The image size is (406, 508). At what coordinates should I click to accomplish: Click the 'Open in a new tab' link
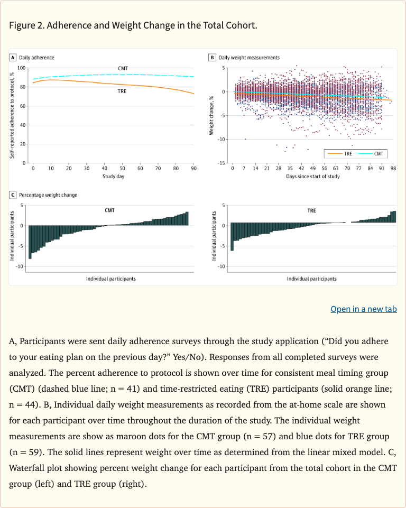363,309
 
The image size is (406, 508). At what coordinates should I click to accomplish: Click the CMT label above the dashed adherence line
123,69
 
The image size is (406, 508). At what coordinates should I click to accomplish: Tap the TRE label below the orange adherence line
122,91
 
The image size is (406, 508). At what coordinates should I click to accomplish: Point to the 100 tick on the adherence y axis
22,68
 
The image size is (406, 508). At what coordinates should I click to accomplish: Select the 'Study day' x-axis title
113,176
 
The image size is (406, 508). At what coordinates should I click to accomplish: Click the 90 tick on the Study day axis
193,168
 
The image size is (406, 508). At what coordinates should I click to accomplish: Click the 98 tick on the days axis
393,168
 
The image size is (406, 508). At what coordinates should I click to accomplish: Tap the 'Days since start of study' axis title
313,176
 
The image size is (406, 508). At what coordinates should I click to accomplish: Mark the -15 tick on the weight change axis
224,163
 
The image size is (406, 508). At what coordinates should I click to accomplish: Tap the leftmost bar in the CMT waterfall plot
30,242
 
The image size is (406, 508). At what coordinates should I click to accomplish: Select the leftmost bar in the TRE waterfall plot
232,236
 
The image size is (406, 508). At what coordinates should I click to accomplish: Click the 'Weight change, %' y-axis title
211,115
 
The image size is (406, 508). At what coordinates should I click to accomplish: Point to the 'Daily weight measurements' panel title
249,58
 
